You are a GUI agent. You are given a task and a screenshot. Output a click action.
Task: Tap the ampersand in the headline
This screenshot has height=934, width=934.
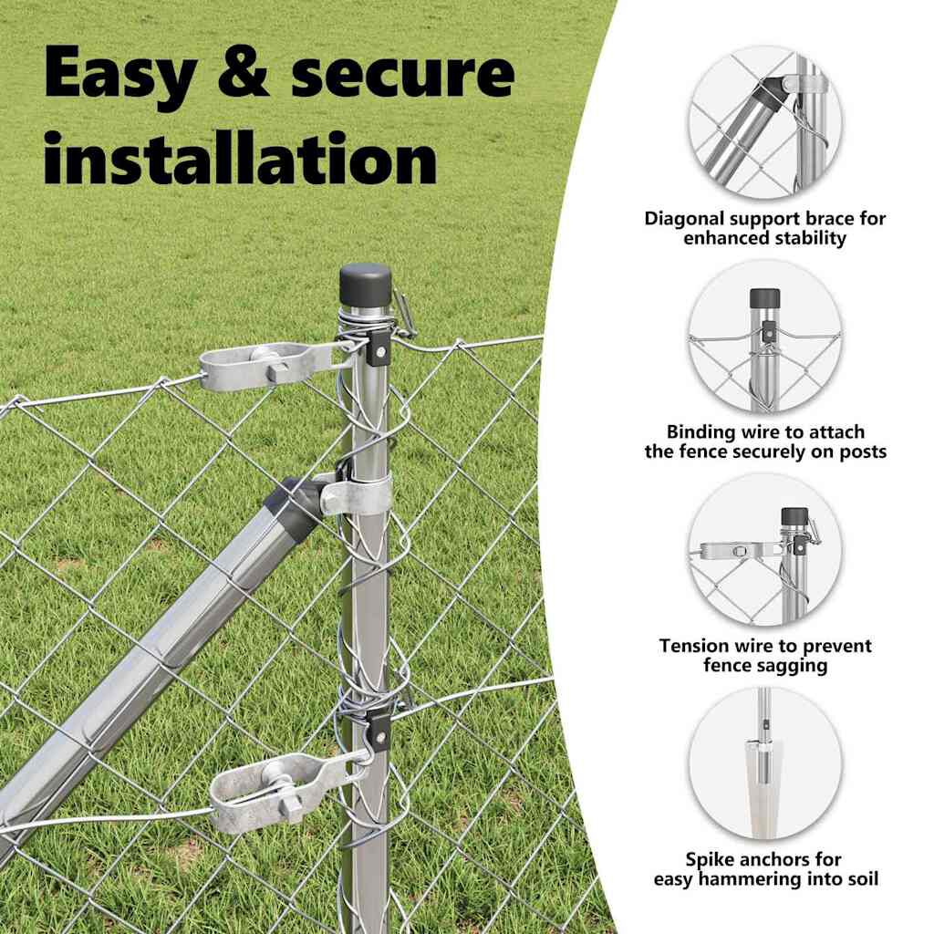tap(243, 73)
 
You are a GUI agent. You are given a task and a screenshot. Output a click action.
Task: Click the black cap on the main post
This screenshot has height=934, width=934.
tap(365, 285)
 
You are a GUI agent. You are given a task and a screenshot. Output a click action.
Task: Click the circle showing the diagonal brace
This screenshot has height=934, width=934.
tap(766, 122)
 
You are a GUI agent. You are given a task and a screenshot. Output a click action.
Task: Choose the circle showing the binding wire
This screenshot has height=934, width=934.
tap(766, 337)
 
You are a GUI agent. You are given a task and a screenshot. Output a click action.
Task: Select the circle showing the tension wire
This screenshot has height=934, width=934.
tap(766, 550)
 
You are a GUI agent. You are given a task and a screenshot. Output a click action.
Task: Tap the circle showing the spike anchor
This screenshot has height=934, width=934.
tap(766, 764)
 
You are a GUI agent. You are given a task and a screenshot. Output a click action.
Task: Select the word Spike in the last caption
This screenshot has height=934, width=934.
tap(711, 860)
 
